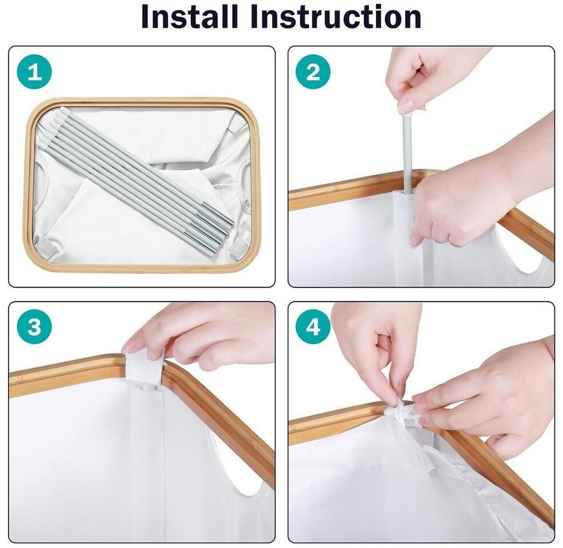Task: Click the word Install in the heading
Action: (x=190, y=17)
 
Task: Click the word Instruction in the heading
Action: (x=335, y=17)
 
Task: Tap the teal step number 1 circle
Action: (x=34, y=72)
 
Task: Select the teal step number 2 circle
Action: (x=313, y=72)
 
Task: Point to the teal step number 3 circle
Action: (x=34, y=327)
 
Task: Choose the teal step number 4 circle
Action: (x=313, y=327)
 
